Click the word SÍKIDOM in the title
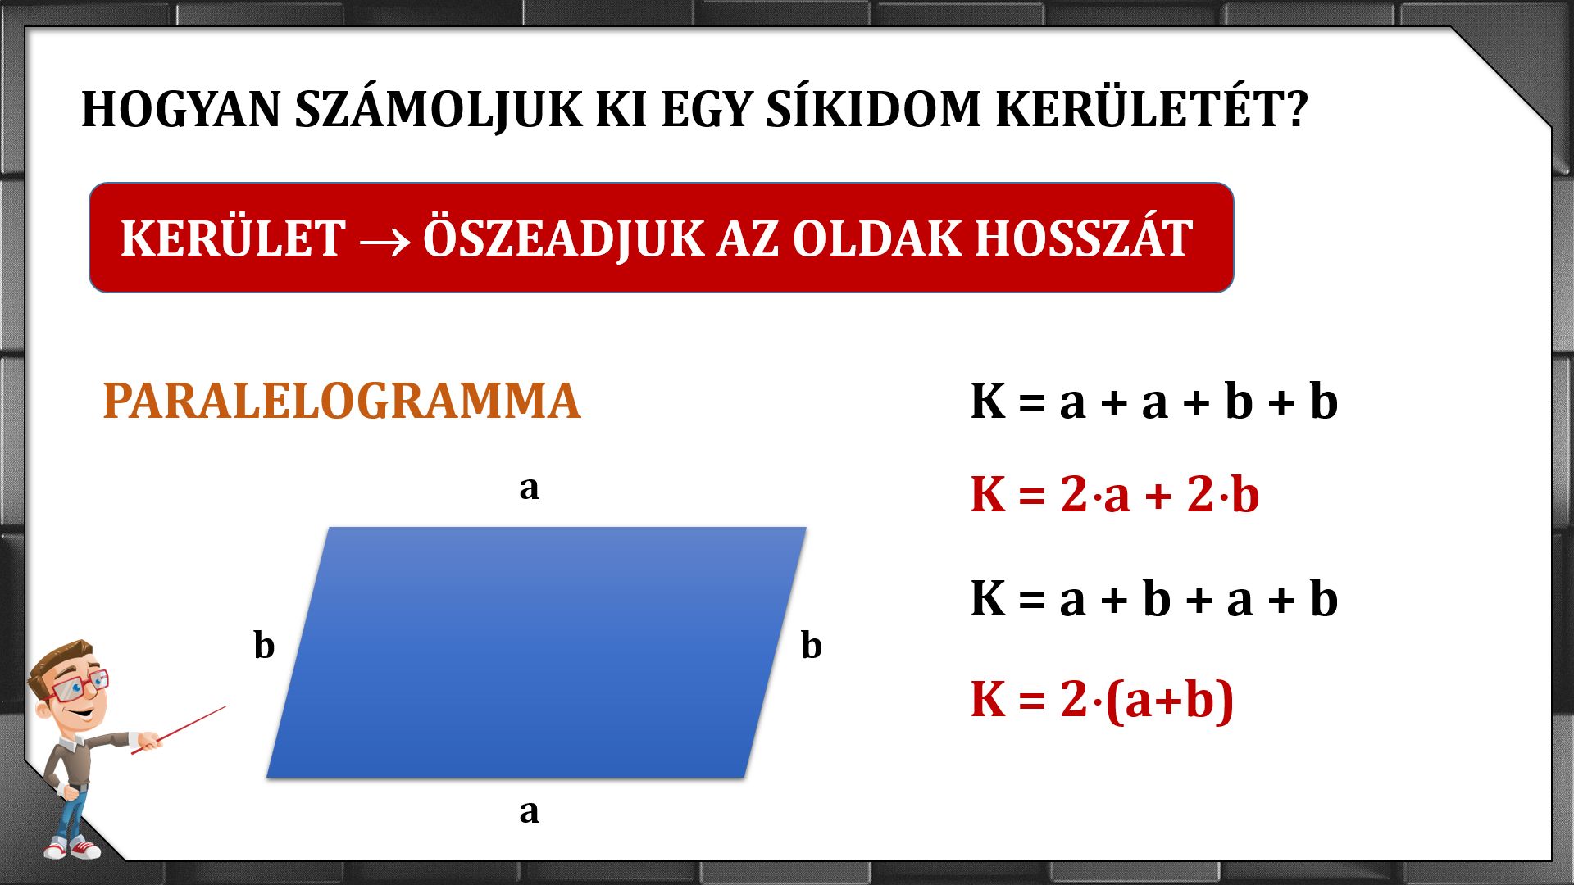pos(873,108)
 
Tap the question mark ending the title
pos(1297,108)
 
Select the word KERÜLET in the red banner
pos(233,238)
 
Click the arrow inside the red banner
pos(384,241)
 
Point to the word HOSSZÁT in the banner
pos(1084,238)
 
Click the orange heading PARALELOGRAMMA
pos(342,401)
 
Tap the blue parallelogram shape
pos(537,652)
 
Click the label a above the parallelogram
pos(530,488)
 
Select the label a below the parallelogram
pos(530,812)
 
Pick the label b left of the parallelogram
pos(264,645)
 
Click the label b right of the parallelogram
pos(812,645)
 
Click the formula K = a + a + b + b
pos(1154,402)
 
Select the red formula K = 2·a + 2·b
pos(1115,494)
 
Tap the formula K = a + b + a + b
pos(1154,598)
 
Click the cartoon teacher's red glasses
pos(77,687)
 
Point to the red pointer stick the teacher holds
pos(178,730)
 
